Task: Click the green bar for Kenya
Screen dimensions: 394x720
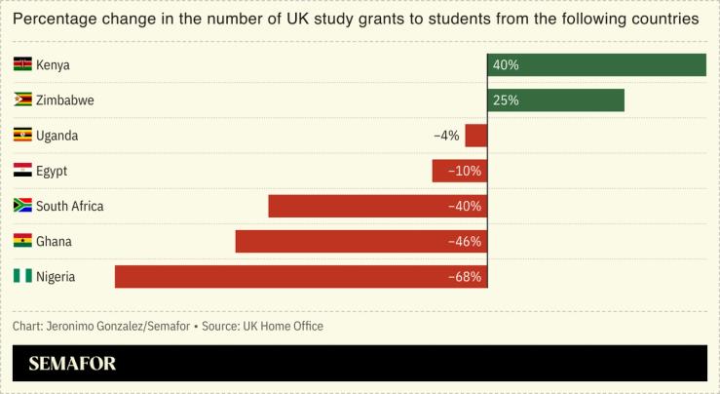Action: [596, 64]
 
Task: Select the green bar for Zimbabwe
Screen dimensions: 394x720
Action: [555, 100]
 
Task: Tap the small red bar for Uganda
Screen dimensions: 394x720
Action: [475, 136]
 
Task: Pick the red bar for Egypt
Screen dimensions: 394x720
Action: [459, 171]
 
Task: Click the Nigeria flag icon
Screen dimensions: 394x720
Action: [22, 277]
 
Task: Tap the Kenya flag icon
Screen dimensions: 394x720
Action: [22, 64]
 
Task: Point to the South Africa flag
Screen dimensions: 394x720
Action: [22, 206]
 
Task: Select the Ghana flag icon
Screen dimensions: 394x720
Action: [22, 241]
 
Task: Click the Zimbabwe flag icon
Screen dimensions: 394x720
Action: [22, 100]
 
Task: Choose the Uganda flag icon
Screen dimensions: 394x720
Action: [22, 136]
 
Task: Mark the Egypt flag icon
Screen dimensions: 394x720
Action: [22, 171]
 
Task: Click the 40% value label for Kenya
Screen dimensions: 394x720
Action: [507, 65]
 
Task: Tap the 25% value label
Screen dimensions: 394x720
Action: [507, 100]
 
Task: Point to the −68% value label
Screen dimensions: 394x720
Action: [465, 277]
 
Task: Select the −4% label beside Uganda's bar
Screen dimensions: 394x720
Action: [446, 136]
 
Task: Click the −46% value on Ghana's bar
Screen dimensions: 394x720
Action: [465, 242]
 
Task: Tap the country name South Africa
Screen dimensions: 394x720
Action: [69, 206]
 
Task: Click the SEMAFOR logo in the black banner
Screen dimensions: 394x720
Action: [72, 364]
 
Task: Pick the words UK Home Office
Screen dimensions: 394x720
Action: [284, 326]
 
